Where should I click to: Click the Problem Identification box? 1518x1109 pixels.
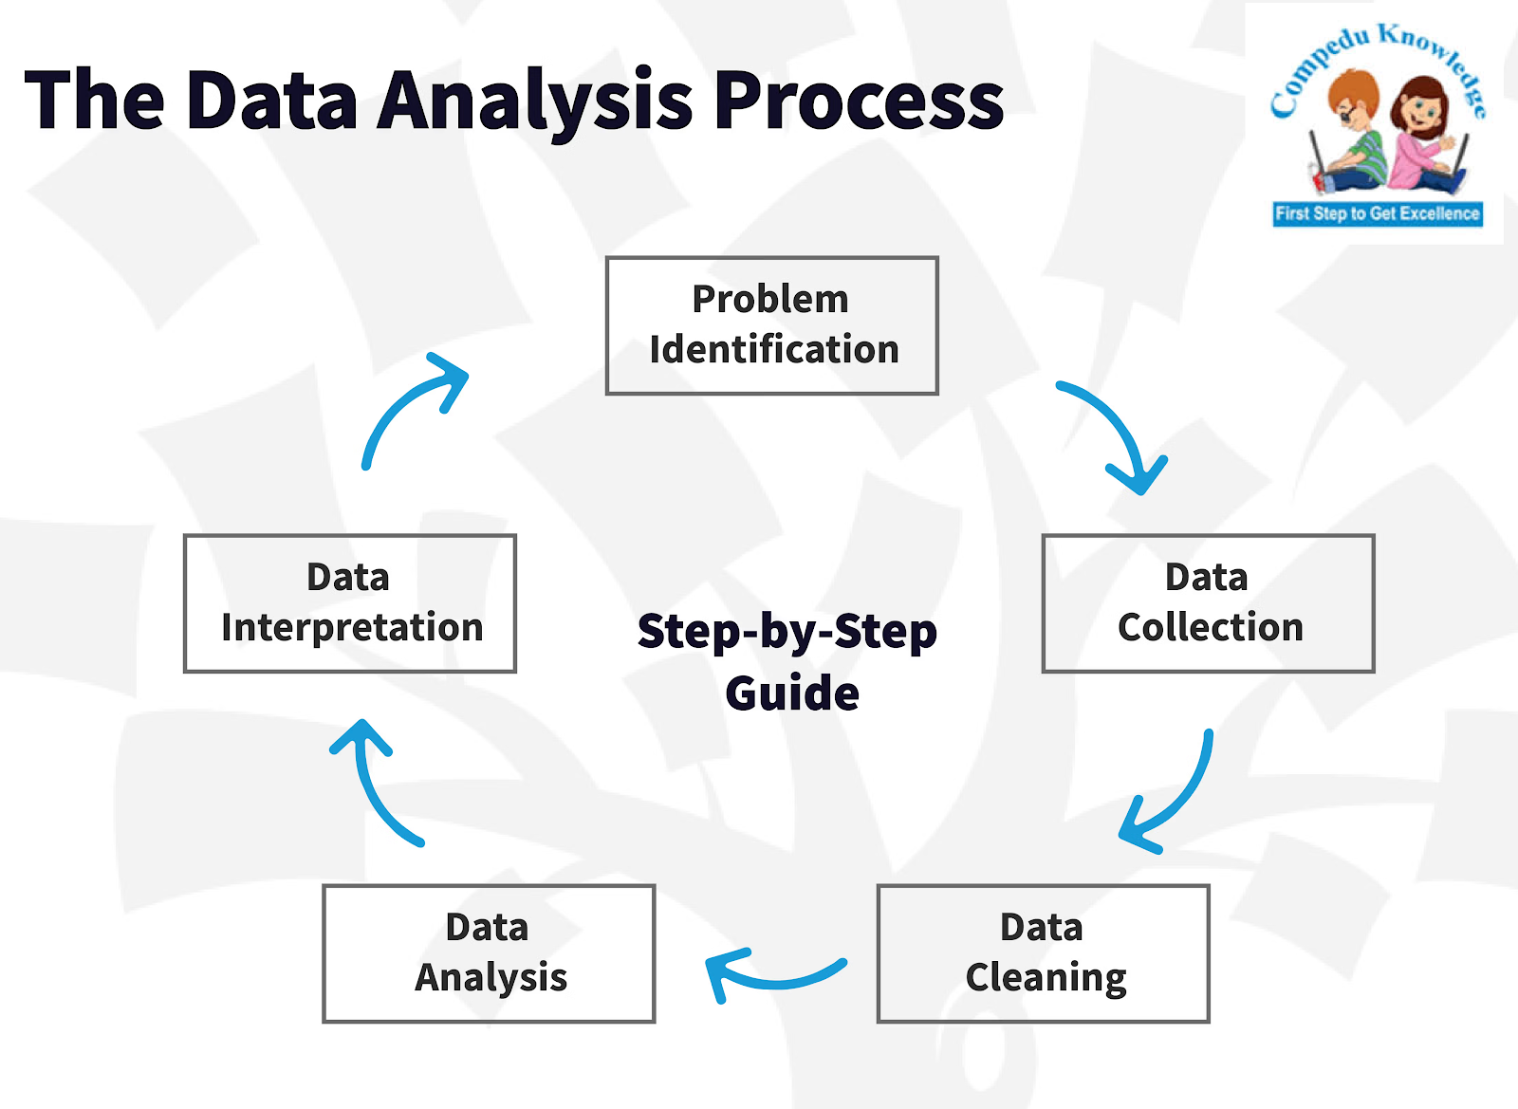click(x=771, y=325)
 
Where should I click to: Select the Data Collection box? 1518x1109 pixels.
click(x=1208, y=603)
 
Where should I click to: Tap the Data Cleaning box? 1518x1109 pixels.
click(x=1043, y=953)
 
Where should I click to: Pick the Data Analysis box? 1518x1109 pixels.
click(x=489, y=953)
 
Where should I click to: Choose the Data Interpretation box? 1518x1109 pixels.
click(x=349, y=603)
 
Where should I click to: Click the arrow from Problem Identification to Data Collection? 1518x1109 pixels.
click(x=1120, y=432)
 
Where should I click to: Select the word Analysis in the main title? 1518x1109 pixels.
click(x=536, y=102)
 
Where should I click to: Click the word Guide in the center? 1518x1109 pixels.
click(x=792, y=693)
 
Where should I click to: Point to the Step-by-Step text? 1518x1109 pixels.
click(x=787, y=632)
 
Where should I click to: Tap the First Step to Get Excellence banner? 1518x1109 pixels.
click(x=1377, y=213)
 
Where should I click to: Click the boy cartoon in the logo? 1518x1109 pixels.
click(x=1347, y=133)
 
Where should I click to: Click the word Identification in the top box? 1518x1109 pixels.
click(x=774, y=349)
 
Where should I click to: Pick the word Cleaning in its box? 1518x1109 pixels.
click(x=1046, y=978)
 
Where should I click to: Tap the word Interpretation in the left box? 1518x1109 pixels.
click(x=352, y=628)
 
